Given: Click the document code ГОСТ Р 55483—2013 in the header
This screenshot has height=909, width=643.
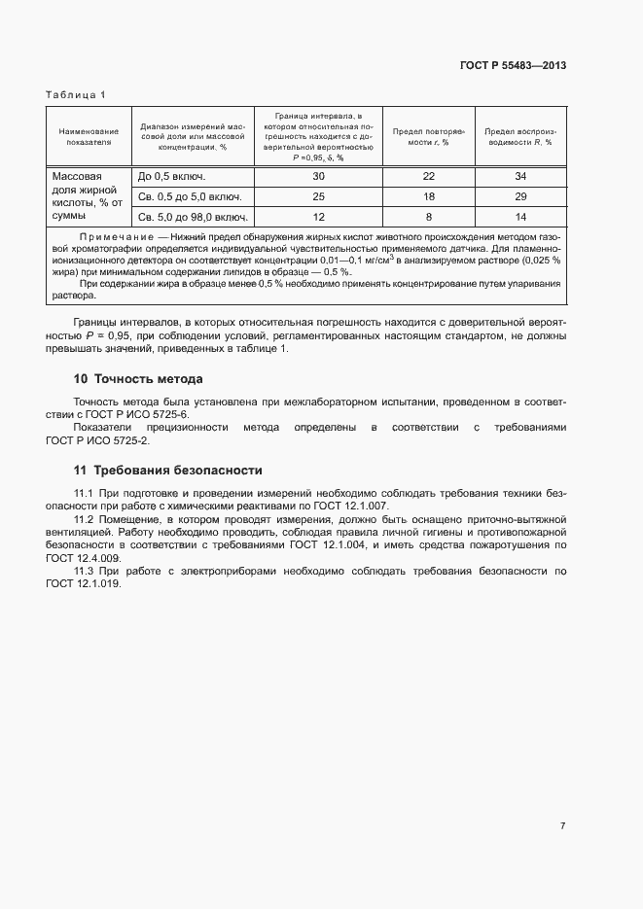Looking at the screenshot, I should (x=513, y=66).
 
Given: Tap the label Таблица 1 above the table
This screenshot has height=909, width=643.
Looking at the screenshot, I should (x=76, y=94).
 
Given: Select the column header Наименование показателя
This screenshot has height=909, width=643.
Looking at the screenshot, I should (x=89, y=136).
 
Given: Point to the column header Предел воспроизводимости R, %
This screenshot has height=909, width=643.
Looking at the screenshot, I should (x=519, y=136).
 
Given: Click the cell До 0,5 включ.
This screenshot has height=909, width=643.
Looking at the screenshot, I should (x=172, y=177).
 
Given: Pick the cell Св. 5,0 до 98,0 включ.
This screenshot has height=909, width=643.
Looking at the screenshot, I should (x=192, y=217).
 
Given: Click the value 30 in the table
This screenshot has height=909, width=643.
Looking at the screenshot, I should (x=318, y=177).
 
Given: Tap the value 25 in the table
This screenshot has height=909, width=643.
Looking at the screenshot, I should (x=318, y=197).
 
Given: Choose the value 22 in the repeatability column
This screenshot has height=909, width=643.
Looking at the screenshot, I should (x=429, y=177).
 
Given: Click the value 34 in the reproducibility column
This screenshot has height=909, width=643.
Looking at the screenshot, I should (x=519, y=177).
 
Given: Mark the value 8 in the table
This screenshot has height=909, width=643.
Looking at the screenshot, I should (x=429, y=217).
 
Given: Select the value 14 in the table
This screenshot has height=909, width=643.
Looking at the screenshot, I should (x=519, y=217).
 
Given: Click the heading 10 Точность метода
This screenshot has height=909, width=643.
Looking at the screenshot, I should (x=138, y=378).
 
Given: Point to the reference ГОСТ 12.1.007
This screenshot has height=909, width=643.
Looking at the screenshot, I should (x=360, y=507).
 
